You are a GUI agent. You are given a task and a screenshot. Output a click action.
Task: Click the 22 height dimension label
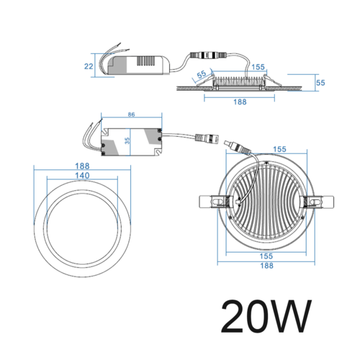click(x=89, y=66)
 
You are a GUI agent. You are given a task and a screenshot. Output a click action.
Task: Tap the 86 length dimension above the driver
click(x=131, y=114)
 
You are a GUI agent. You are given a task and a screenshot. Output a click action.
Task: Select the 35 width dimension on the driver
click(x=127, y=140)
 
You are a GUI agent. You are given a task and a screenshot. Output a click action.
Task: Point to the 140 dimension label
click(x=82, y=176)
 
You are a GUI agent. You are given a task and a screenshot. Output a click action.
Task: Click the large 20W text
click(x=266, y=316)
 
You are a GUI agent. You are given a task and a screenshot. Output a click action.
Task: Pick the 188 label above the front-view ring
click(x=82, y=166)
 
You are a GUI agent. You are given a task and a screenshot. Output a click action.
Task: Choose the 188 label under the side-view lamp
click(x=240, y=102)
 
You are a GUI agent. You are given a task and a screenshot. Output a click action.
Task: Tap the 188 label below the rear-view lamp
click(x=266, y=266)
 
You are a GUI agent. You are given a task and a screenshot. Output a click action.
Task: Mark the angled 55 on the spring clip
click(x=202, y=74)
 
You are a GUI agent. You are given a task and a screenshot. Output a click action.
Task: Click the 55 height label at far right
click(x=320, y=83)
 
